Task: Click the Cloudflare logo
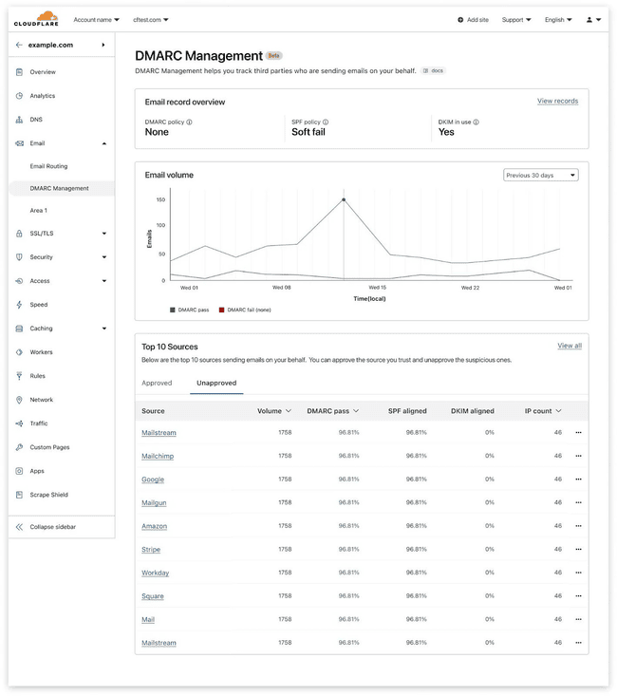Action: (36, 18)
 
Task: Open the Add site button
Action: (473, 19)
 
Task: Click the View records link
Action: (557, 101)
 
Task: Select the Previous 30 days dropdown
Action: (540, 175)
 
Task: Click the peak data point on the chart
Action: (344, 199)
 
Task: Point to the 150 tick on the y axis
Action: (160, 199)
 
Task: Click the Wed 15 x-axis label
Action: (377, 287)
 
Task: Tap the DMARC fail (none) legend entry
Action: (244, 310)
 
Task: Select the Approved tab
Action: (157, 383)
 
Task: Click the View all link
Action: (570, 346)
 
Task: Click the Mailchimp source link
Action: (158, 456)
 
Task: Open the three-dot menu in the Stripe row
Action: (578, 549)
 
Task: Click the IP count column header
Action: (543, 411)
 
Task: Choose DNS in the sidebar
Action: (36, 120)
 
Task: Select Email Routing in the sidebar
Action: (49, 166)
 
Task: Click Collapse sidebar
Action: (52, 526)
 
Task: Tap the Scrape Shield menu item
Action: (48, 495)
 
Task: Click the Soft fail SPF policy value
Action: (308, 132)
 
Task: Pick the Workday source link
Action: (155, 573)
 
